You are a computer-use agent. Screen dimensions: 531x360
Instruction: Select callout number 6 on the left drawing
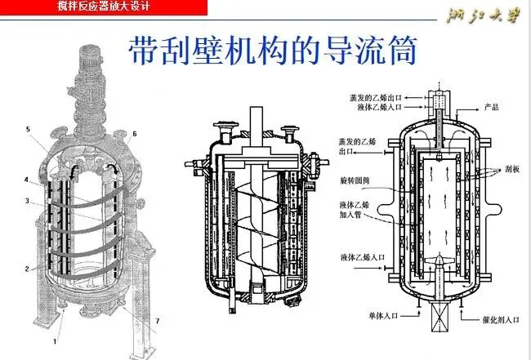click(x=135, y=133)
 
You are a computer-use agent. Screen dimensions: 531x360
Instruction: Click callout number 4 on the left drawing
click(x=27, y=180)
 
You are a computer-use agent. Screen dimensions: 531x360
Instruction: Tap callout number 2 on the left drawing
click(x=27, y=267)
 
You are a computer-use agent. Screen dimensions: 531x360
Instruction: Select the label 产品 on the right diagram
click(x=491, y=108)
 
